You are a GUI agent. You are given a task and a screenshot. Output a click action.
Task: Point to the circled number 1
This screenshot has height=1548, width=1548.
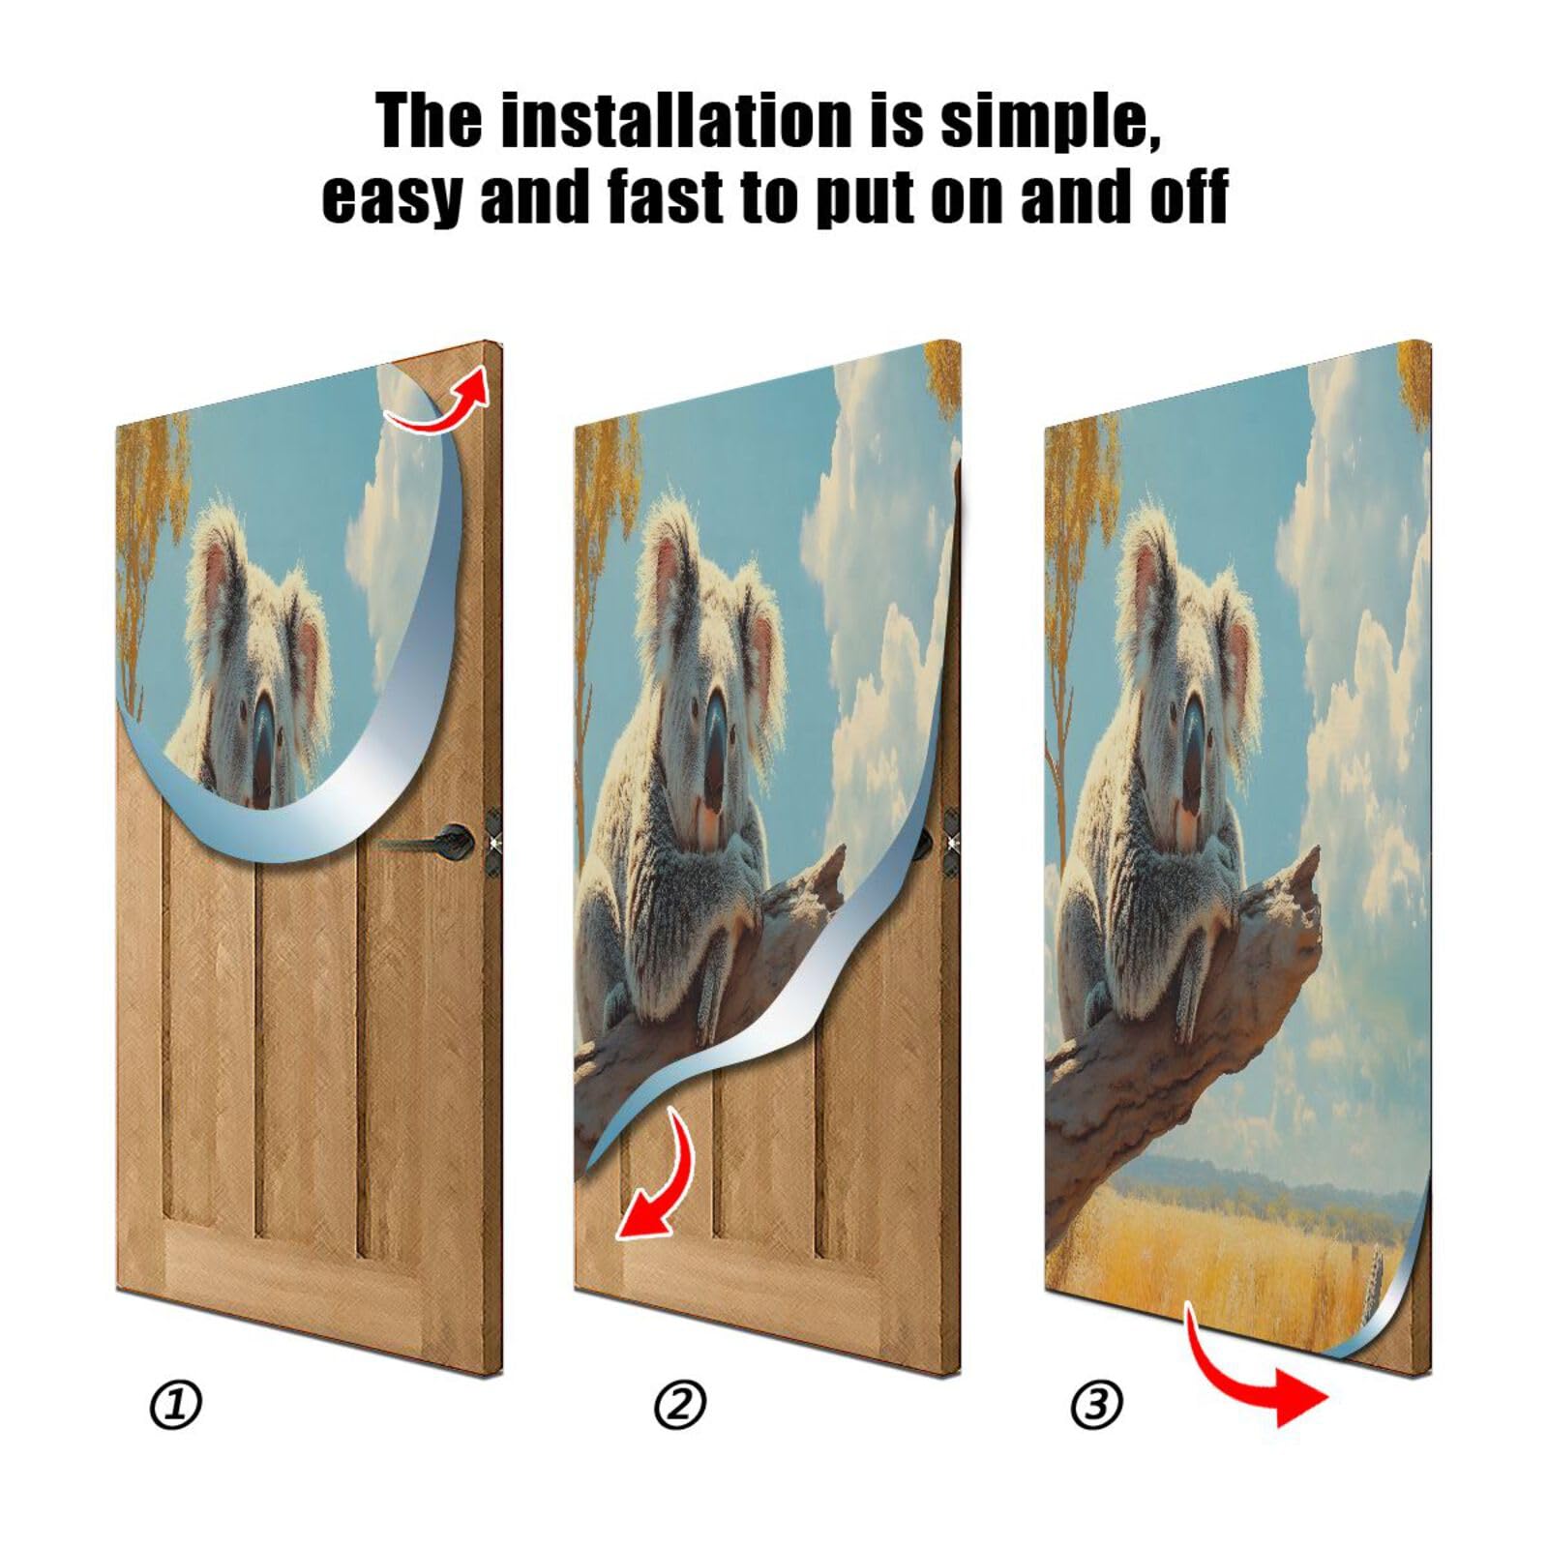(x=176, y=1404)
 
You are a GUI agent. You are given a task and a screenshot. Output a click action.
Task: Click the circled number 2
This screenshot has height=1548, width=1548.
(x=679, y=1404)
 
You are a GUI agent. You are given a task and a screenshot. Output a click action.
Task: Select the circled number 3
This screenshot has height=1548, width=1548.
(x=1095, y=1404)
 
